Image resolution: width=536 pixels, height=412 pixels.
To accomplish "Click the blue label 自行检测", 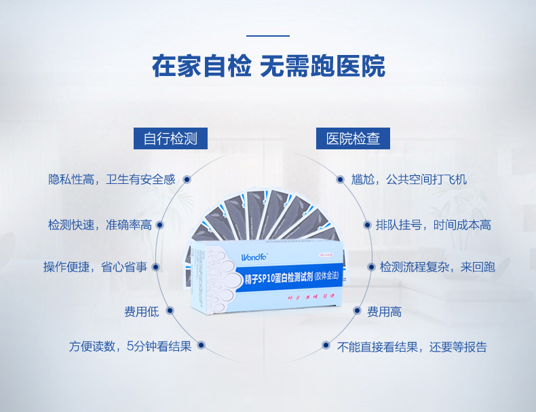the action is click(170, 139).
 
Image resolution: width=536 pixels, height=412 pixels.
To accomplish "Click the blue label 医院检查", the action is click(353, 139).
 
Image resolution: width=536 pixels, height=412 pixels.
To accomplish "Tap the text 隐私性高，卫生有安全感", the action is click(112, 179).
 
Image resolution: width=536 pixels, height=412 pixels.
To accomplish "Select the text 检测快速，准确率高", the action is click(100, 225).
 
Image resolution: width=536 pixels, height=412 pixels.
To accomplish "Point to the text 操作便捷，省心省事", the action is click(95, 267).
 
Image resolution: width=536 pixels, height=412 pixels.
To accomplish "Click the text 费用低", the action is click(141, 312).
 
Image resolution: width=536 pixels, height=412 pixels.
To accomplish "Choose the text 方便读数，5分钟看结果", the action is click(130, 347).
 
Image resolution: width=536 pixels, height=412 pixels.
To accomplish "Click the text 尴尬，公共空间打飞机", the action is click(408, 180).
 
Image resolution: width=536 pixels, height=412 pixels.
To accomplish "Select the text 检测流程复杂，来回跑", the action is click(437, 267).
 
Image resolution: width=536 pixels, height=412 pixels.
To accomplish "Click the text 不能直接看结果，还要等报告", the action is click(412, 347).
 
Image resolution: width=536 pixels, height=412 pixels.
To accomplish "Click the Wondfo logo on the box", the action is click(255, 257).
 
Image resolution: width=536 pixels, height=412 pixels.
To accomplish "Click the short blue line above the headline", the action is click(268, 35).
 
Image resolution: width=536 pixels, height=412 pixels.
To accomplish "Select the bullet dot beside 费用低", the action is click(170, 312).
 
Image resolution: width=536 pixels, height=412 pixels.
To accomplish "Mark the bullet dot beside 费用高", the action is click(357, 312).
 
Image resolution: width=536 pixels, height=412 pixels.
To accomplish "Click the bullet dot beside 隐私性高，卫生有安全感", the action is click(187, 180).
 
